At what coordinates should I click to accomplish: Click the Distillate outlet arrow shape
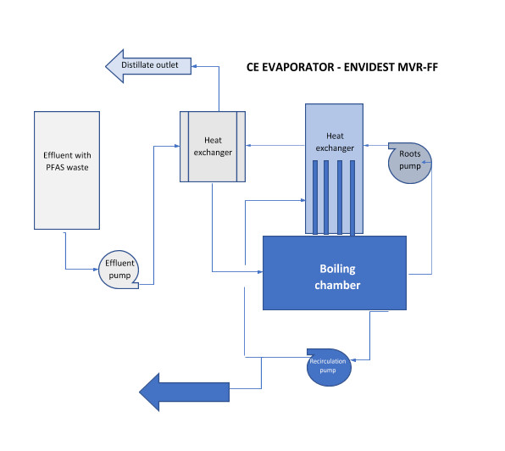[148, 66]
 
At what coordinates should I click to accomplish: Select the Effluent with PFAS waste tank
[67, 170]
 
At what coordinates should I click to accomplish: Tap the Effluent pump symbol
[119, 270]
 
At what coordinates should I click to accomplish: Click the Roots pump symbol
[409, 163]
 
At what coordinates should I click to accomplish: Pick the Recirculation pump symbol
[329, 367]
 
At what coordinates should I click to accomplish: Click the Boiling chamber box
[335, 273]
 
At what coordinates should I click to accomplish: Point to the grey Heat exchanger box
[213, 147]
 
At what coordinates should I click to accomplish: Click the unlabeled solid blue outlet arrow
[184, 392]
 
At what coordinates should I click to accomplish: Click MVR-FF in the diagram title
[418, 67]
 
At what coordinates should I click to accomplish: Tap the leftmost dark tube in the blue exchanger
[315, 198]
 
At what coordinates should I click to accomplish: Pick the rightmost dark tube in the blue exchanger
[352, 198]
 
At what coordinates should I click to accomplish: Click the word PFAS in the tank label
[56, 168]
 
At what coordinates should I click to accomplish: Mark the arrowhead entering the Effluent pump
[96, 270]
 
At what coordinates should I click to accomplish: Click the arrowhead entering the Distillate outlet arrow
[194, 66]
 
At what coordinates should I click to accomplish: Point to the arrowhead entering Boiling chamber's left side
[260, 272]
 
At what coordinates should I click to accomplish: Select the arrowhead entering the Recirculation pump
[353, 359]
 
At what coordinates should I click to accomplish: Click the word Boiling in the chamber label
[337, 269]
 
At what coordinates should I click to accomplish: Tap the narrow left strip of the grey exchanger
[184, 147]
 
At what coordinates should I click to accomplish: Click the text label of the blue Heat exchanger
[335, 142]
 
